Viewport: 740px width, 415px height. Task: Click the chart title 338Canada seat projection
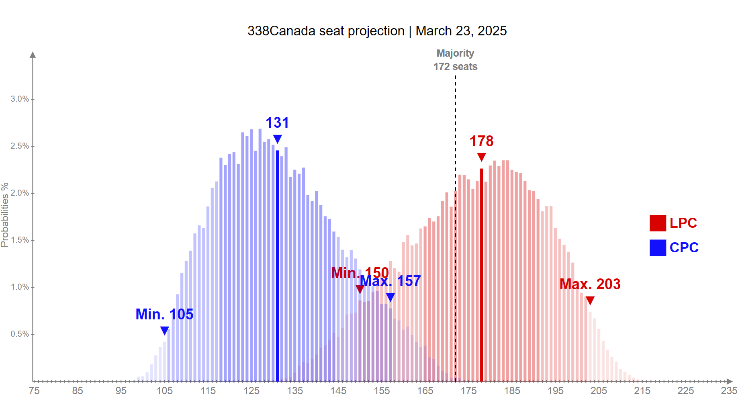(377, 31)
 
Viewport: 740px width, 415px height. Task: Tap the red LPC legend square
(658, 223)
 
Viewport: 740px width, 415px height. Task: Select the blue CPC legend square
(658, 247)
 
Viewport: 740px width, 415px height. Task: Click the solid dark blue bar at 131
(277, 265)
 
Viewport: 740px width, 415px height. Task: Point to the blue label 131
(277, 123)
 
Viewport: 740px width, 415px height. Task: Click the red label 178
(481, 141)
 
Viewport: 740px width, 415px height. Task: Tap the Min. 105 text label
(164, 314)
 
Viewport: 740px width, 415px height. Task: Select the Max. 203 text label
(590, 284)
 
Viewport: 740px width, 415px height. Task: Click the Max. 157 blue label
(390, 281)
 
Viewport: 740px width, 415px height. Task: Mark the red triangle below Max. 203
(590, 300)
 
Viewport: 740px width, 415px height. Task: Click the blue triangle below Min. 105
(164, 330)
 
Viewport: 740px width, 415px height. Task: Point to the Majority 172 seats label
(455, 60)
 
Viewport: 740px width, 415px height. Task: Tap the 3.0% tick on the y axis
(20, 99)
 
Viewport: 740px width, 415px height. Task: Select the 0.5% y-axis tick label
(20, 334)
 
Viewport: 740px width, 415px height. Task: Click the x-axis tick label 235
(729, 390)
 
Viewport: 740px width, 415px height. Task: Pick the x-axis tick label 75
(34, 390)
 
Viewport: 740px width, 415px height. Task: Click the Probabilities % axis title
(5, 215)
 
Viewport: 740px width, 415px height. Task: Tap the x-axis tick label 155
(382, 390)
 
